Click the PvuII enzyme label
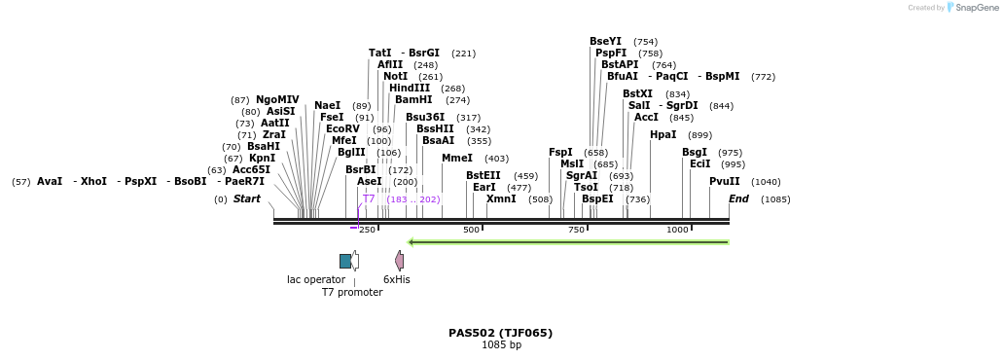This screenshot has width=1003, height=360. point(724,182)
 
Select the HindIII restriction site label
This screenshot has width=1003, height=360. point(410,89)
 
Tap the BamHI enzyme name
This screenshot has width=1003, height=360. point(413,100)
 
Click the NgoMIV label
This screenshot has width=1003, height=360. point(277,100)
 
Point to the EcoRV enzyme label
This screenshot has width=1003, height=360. point(342,129)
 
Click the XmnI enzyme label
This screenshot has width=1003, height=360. point(501,199)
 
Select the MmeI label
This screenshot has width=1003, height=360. point(456,159)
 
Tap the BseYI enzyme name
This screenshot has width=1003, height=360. point(605,42)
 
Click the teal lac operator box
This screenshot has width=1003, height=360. point(345,261)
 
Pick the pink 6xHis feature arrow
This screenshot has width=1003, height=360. point(399,260)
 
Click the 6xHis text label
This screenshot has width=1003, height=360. point(397,279)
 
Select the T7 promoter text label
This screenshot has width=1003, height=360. point(352,292)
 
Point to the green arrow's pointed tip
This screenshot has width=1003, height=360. point(410,242)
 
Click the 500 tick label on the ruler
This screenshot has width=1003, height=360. point(471,230)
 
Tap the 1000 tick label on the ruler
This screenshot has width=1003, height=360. point(677,230)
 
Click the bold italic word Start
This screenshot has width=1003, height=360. point(246,199)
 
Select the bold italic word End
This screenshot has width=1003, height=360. point(738,199)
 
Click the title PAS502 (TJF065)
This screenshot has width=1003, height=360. point(500,333)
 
